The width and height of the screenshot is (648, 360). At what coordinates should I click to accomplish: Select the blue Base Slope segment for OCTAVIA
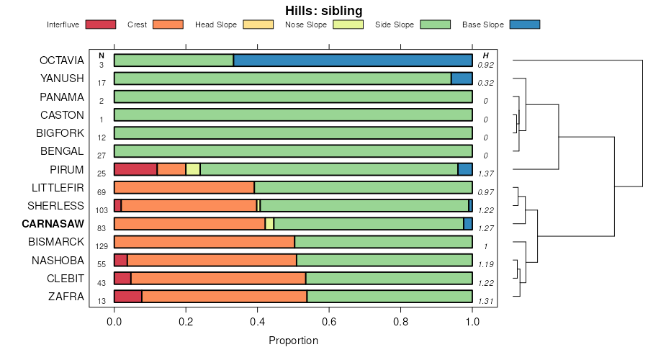[x=353, y=60]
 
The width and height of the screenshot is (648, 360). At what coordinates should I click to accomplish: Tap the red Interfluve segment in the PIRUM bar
[x=135, y=169]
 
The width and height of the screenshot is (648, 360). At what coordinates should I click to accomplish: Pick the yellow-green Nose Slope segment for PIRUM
[x=193, y=169]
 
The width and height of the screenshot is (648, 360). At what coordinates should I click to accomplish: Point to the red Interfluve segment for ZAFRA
[x=128, y=296]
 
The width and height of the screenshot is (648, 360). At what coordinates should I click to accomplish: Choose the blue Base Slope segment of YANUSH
[x=462, y=78]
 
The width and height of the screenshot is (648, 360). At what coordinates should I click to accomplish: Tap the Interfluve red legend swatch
[x=100, y=24]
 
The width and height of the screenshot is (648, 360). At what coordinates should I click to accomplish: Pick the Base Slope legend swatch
[x=524, y=24]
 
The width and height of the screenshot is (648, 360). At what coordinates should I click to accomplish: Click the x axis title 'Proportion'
[x=293, y=340]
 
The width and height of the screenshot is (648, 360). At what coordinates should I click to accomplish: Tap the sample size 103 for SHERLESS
[x=102, y=210]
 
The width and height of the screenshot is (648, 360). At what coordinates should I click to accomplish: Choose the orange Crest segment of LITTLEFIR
[x=184, y=187]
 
